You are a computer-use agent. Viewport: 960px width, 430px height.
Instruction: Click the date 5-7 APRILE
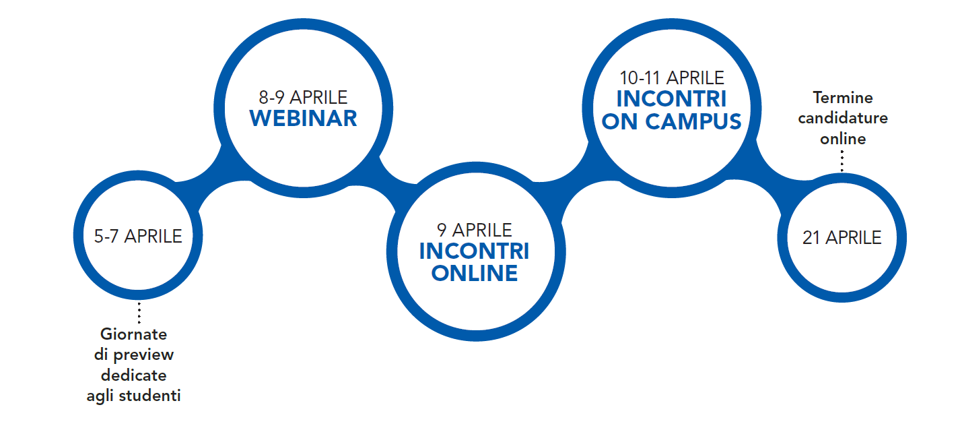point(138,237)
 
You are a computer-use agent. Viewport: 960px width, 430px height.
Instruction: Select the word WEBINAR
point(304,119)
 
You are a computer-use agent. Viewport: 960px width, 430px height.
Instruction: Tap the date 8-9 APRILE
point(303,98)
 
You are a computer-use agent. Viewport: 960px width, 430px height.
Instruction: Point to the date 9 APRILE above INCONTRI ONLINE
point(475,231)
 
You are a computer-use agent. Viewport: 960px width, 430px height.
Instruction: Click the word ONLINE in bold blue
point(475,274)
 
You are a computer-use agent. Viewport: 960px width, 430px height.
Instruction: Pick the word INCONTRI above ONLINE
point(475,251)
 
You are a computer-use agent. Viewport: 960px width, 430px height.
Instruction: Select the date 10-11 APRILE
point(672,78)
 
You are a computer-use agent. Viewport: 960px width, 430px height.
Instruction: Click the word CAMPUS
point(693,121)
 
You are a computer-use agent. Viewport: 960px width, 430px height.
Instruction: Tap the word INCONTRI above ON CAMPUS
point(672,99)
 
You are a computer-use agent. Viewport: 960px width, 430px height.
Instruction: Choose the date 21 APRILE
point(842,238)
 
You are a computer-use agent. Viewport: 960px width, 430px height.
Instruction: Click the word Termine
point(843,98)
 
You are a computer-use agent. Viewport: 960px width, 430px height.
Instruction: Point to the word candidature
point(843,118)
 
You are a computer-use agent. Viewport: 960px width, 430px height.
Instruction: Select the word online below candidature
point(843,139)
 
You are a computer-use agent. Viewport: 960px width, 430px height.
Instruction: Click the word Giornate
point(134,334)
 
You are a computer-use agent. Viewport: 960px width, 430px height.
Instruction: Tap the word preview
point(143,355)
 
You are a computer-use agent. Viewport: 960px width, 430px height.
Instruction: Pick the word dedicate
point(134,375)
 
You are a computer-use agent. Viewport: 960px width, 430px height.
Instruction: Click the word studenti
point(149,396)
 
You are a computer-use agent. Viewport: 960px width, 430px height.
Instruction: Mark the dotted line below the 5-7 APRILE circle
point(139,313)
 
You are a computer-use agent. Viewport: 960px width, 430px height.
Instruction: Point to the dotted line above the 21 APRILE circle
point(842,161)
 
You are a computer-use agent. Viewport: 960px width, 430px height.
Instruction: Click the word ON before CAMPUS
point(620,121)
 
